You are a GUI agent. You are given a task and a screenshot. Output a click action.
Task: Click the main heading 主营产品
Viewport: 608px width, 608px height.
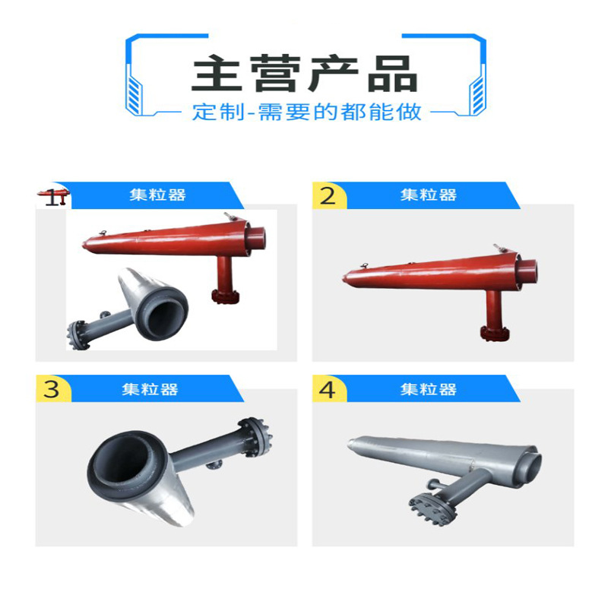pos(304,74)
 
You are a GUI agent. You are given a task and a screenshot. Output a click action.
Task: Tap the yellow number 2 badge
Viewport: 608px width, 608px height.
pos(328,196)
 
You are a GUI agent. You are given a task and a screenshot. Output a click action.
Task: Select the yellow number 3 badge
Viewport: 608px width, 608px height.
pos(52,389)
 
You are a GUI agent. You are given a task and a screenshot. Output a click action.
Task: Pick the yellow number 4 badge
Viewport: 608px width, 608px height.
pos(328,389)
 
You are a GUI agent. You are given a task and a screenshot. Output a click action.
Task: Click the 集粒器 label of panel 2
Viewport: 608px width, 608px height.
pos(429,195)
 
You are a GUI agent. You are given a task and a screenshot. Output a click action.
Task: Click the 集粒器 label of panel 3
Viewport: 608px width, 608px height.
pos(150,389)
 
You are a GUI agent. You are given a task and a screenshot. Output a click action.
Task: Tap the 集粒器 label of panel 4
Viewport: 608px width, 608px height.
pos(429,389)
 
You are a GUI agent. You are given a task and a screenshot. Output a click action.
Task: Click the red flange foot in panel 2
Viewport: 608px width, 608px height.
pos(492,331)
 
